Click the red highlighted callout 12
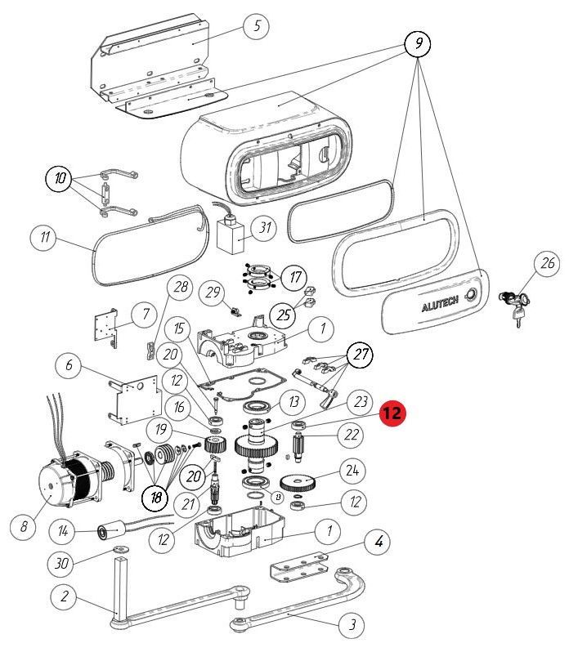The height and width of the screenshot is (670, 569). (392, 413)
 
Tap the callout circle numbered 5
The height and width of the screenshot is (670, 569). (256, 25)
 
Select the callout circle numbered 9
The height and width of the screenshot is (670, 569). (418, 44)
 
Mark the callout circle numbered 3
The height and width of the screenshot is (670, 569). (352, 626)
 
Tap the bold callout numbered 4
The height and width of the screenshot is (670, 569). (379, 541)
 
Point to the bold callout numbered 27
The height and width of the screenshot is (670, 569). (359, 355)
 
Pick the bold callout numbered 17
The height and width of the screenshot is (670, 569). (294, 277)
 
